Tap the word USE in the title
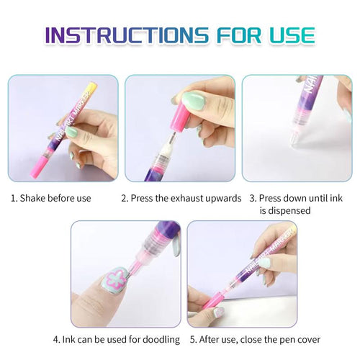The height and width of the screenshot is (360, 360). point(288,35)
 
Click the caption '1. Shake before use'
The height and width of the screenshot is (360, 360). point(50,198)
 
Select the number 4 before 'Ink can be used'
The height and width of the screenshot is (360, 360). point(55,339)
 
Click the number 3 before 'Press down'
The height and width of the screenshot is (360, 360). point(252,198)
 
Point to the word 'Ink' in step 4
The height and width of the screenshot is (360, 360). point(69,339)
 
